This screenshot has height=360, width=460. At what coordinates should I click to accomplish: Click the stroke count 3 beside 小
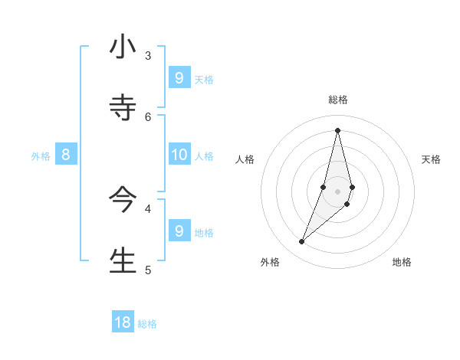coord(148,55)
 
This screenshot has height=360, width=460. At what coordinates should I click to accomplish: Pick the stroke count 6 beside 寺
coord(148,116)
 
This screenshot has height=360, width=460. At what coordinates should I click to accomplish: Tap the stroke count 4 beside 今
coord(148,208)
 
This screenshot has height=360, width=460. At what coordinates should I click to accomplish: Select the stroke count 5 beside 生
coord(148,269)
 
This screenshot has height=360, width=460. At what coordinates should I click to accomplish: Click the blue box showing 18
coord(123,322)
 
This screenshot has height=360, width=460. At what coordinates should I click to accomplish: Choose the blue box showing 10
coord(179,155)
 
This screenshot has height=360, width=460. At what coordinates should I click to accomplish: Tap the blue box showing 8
coord(66,155)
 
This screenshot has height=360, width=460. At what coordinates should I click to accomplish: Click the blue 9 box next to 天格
coord(179,77)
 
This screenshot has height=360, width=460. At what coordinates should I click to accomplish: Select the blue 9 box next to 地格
coord(179,231)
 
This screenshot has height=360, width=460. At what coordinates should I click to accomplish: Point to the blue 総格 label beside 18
coord(147,324)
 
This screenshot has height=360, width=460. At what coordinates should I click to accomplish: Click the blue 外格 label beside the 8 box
coord(41,156)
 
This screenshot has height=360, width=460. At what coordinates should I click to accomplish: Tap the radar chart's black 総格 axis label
coord(338,100)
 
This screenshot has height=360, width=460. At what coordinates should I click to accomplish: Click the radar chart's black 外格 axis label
coord(270,262)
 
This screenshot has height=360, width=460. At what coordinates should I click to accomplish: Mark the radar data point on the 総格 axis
coord(338,129)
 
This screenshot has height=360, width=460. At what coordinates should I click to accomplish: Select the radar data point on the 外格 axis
coord(302,242)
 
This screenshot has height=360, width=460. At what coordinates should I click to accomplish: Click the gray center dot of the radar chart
coord(338,191)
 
